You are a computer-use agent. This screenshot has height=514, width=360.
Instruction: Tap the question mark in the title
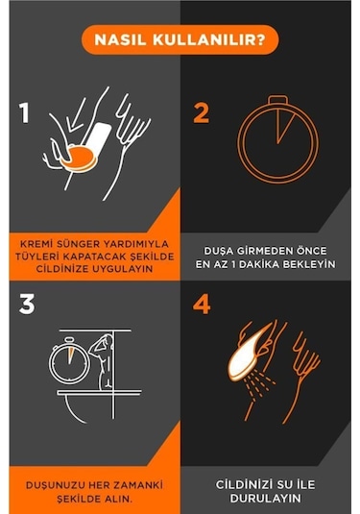pyautogui.click(x=261, y=39)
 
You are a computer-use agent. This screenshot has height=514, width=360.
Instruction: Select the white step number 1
pyautogui.click(x=25, y=112)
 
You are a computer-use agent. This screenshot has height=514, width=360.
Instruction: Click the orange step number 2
pyautogui.click(x=202, y=112)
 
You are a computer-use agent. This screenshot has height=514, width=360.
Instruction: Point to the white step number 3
pyautogui.click(x=27, y=305)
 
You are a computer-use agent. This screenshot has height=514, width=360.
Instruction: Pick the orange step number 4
pyautogui.click(x=202, y=305)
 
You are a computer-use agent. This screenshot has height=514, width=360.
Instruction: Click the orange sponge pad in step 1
pyautogui.click(x=79, y=159)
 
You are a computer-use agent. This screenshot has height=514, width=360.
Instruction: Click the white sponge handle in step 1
pyautogui.click(x=97, y=138)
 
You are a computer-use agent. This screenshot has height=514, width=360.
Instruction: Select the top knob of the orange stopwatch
pyautogui.click(x=277, y=100)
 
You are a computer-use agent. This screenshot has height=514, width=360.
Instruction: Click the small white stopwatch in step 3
pyautogui.click(x=69, y=360)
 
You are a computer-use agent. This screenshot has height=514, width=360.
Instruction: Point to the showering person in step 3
pyautogui.click(x=103, y=361)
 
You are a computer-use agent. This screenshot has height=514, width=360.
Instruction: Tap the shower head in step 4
pyautogui.click(x=250, y=354)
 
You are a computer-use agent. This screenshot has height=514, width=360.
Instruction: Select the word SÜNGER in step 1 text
pyautogui.click(x=79, y=244)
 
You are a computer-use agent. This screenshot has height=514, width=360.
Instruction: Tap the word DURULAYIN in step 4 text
pyautogui.click(x=265, y=499)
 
